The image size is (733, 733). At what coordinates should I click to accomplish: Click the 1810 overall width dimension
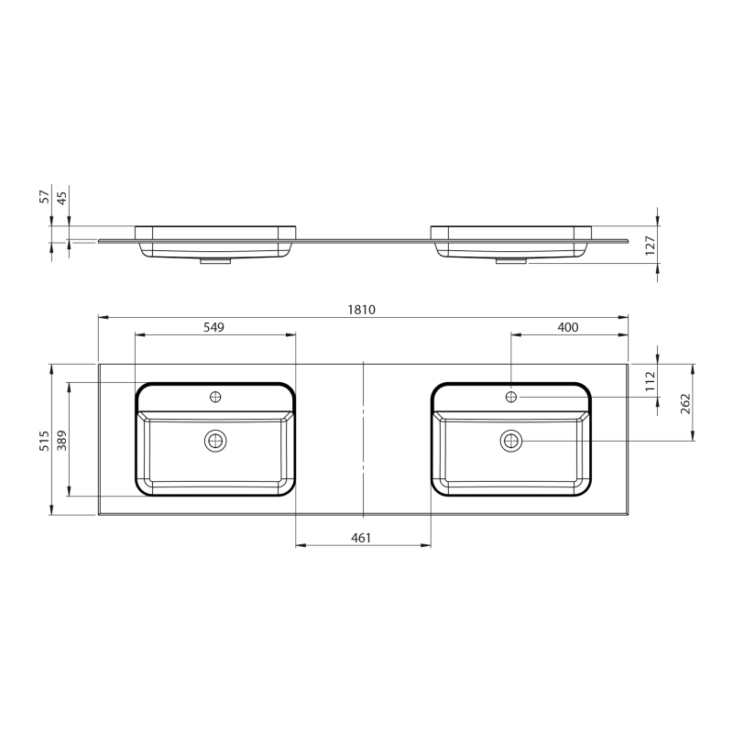pos(361,310)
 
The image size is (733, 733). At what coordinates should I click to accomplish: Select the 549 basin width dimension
pos(213,327)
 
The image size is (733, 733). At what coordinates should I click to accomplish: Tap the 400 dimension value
pos(568,327)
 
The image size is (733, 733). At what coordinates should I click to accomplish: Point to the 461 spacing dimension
pos(361,538)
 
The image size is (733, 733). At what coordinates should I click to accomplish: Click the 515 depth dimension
pos(44,441)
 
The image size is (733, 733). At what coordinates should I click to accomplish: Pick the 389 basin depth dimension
pos(61,441)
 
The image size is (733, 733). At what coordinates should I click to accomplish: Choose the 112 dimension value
pos(651,381)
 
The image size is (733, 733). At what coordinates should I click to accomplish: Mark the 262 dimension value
pos(685,403)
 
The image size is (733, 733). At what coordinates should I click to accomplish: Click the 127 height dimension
pos(651,246)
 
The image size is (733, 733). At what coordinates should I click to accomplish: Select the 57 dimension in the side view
pos(44,196)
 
